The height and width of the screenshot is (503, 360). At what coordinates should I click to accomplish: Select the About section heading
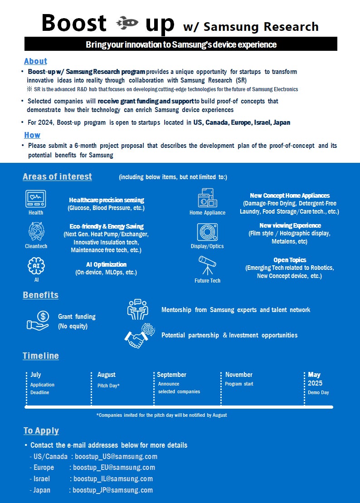(35, 61)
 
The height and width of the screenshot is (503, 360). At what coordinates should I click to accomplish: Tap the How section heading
(32, 135)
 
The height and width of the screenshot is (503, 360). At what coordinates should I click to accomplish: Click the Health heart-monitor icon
(36, 198)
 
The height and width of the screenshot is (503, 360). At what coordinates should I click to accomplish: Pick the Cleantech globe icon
(36, 231)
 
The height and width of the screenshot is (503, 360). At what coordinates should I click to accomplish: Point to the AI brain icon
(36, 266)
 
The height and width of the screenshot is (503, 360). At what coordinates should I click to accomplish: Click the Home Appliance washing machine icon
(207, 198)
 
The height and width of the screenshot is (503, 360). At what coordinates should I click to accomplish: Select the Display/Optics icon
(207, 232)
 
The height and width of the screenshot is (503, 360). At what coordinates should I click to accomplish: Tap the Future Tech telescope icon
(207, 265)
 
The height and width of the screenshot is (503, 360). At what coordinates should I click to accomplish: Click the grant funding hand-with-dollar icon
(38, 320)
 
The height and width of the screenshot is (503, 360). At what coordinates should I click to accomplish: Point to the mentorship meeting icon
(137, 309)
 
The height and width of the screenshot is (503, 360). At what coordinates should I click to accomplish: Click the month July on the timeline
(36, 375)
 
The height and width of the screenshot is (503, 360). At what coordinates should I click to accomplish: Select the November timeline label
(239, 375)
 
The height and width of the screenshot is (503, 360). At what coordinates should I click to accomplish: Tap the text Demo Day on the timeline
(318, 392)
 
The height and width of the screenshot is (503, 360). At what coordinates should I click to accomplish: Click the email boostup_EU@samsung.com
(114, 468)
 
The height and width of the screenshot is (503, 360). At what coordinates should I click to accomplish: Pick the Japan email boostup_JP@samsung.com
(112, 490)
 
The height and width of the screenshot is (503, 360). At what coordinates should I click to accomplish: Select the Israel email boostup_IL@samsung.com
(113, 479)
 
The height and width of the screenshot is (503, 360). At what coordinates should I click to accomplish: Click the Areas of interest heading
(57, 177)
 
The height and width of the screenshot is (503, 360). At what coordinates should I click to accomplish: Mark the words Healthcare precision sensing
(107, 200)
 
